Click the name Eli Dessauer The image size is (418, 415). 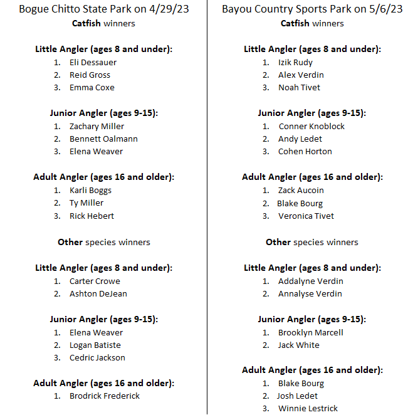pos(93,62)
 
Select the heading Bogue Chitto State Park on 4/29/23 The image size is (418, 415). pos(103,9)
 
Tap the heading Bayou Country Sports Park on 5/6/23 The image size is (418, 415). pos(312,9)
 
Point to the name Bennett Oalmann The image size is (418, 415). pos(103,139)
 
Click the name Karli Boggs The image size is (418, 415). pos(91,190)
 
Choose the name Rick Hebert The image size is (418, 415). pos(91,216)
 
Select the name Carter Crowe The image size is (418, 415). pos(95,281)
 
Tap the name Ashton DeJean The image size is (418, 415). pos(98,293)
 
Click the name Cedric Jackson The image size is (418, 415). pos(97,357)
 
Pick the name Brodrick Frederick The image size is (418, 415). pos(105,396)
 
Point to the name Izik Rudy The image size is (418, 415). pos(295,62)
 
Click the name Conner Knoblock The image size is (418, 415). pos(311,126)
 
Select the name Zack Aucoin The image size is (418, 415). pos(301,190)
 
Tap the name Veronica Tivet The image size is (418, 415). pos(306,216)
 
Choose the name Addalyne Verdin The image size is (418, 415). pos(311,281)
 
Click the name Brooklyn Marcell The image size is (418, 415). pos(311,332)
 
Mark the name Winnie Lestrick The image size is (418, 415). pos(308,408)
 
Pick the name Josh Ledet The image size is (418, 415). pos(297,396)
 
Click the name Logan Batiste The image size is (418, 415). pos(95,345)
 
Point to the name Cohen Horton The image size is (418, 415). pos(305,151)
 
